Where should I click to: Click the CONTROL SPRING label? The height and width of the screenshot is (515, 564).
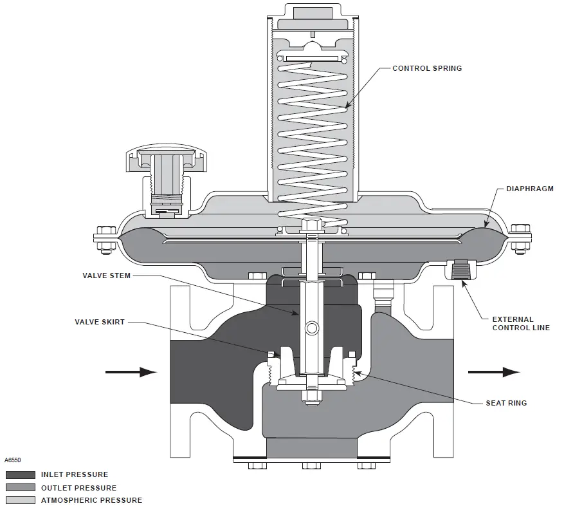pos(427,68)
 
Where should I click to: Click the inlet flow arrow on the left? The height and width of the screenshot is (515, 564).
pos(131,371)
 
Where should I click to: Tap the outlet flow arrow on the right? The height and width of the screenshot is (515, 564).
pos(493,371)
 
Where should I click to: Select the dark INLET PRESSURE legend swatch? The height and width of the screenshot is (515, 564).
pos(21,475)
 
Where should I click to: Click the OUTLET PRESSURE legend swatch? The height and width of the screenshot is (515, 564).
pos(21,488)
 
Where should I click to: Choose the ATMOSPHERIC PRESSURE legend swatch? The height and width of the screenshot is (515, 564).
pos(21,500)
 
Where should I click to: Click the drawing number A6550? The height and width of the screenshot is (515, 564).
pos(13,461)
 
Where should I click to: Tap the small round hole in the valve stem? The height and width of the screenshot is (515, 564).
pos(312,328)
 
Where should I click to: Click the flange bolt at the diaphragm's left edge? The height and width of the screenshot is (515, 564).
pos(103,237)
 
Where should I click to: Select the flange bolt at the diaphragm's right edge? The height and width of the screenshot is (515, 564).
pos(520,237)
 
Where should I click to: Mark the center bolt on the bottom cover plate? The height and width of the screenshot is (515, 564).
pos(311,465)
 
